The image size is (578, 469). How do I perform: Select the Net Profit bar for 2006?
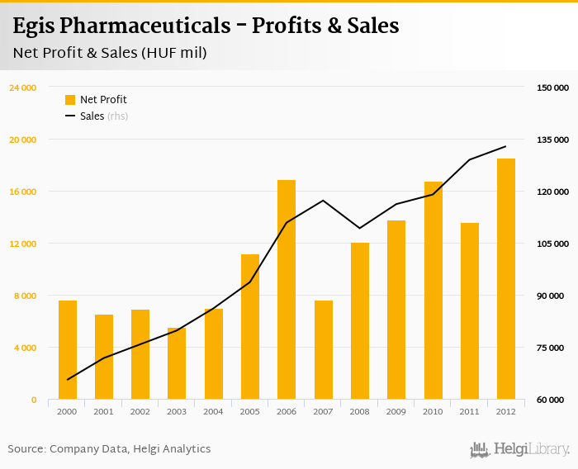click(x=287, y=290)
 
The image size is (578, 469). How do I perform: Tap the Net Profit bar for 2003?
click(x=177, y=364)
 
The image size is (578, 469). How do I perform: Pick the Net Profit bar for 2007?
click(x=323, y=350)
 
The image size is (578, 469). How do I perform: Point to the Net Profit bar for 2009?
click(x=396, y=310)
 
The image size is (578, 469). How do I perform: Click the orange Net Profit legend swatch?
click(x=70, y=100)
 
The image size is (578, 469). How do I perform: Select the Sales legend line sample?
click(x=70, y=116)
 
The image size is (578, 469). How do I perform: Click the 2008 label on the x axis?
click(x=359, y=411)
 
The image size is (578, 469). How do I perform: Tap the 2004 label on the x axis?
click(x=213, y=411)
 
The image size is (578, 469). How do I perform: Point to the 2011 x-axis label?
click(x=469, y=411)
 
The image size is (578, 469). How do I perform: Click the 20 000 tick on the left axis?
click(x=22, y=140)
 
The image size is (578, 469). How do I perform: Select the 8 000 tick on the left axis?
click(x=25, y=296)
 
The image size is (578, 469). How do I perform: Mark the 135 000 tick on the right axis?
click(x=553, y=140)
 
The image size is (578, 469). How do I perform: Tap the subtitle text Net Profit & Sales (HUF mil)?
click(x=110, y=54)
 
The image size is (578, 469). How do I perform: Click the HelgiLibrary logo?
click(x=519, y=449)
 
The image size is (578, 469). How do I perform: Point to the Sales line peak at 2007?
click(x=323, y=201)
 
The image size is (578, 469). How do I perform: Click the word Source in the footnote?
click(x=26, y=449)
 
